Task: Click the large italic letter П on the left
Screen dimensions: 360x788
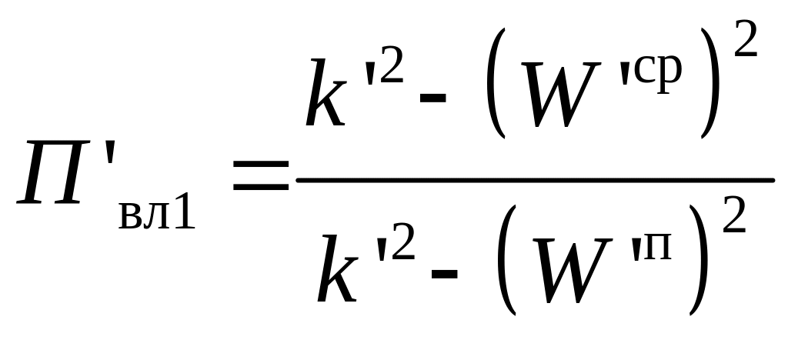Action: (52, 173)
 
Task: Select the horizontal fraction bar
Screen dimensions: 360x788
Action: (535, 181)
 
